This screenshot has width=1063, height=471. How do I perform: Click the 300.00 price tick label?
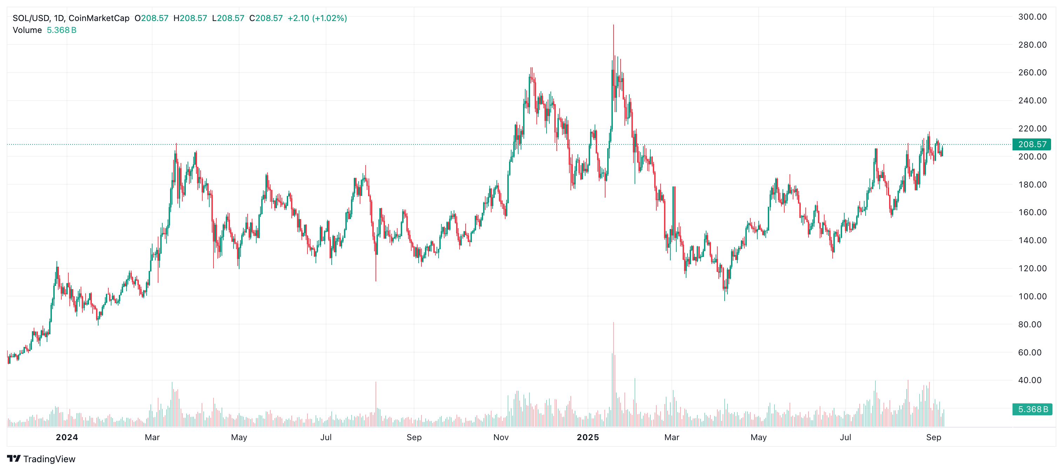tap(1032, 17)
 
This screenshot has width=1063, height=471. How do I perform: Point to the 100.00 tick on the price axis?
tap(1032, 296)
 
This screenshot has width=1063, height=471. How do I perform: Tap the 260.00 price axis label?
tap(1032, 73)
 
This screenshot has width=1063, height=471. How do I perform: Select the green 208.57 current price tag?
tap(1032, 144)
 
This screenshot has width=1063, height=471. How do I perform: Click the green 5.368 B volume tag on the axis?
tap(1032, 409)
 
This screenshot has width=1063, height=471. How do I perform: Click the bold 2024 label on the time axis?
tap(67, 437)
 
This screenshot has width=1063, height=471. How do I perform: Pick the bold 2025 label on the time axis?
tap(588, 437)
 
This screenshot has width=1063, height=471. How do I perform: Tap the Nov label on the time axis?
tap(501, 437)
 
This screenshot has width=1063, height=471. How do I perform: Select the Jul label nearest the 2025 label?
tap(845, 437)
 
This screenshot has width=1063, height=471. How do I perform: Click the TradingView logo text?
tap(49, 459)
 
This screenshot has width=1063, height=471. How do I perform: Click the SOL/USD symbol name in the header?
tap(31, 18)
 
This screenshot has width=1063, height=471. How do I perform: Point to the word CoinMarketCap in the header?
tap(99, 18)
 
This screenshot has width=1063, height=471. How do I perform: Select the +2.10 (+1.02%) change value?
tap(317, 18)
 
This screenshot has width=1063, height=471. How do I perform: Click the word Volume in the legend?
tap(27, 30)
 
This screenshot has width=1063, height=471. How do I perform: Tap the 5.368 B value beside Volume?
tap(61, 30)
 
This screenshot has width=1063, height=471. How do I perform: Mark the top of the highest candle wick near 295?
tap(613, 25)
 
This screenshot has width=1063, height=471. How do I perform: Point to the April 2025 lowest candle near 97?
tap(725, 299)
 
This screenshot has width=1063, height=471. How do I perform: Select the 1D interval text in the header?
tap(59, 18)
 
